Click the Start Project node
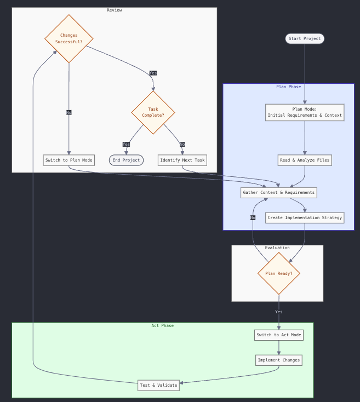pyautogui.click(x=305, y=38)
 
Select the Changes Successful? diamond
pyautogui.click(x=69, y=39)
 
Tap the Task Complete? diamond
pyautogui.click(x=153, y=112)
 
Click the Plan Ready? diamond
pyautogui.click(x=279, y=273)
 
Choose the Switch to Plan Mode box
pyautogui.click(x=69, y=160)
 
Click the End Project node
pyautogui.click(x=127, y=160)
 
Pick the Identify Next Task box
pyautogui.click(x=182, y=160)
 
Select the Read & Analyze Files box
pyautogui.click(x=305, y=160)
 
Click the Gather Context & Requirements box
pyautogui.click(x=279, y=192)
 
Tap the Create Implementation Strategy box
pyautogui.click(x=305, y=217)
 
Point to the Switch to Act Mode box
pyautogui.click(x=279, y=335)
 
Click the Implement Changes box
pyautogui.click(x=279, y=360)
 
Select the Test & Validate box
pyautogui.click(x=159, y=385)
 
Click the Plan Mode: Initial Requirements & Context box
pyautogui.click(x=305, y=112)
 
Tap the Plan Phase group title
pyautogui.click(x=288, y=87)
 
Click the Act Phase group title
pyautogui.click(x=163, y=325)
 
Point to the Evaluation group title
pyautogui.click(x=277, y=248)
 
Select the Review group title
pyautogui.click(x=115, y=10)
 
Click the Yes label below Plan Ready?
pyautogui.click(x=279, y=312)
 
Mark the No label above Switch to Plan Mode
pyautogui.click(x=69, y=112)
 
